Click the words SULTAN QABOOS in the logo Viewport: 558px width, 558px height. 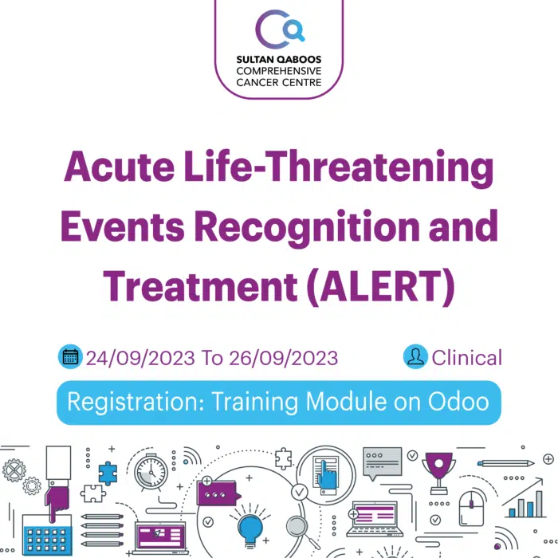[x=279, y=60]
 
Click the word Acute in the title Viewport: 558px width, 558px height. [x=120, y=167]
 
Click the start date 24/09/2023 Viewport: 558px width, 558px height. [x=140, y=358]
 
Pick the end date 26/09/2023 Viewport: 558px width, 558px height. [x=284, y=358]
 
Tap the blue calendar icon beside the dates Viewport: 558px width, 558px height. [x=70, y=356]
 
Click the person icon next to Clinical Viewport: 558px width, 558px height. [x=415, y=356]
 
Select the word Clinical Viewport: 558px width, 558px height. [x=466, y=358]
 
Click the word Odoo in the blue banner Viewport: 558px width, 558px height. [x=458, y=402]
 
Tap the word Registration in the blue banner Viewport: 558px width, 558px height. [x=136, y=403]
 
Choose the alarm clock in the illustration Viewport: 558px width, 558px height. [x=151, y=472]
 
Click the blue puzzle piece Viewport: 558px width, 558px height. [x=108, y=474]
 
